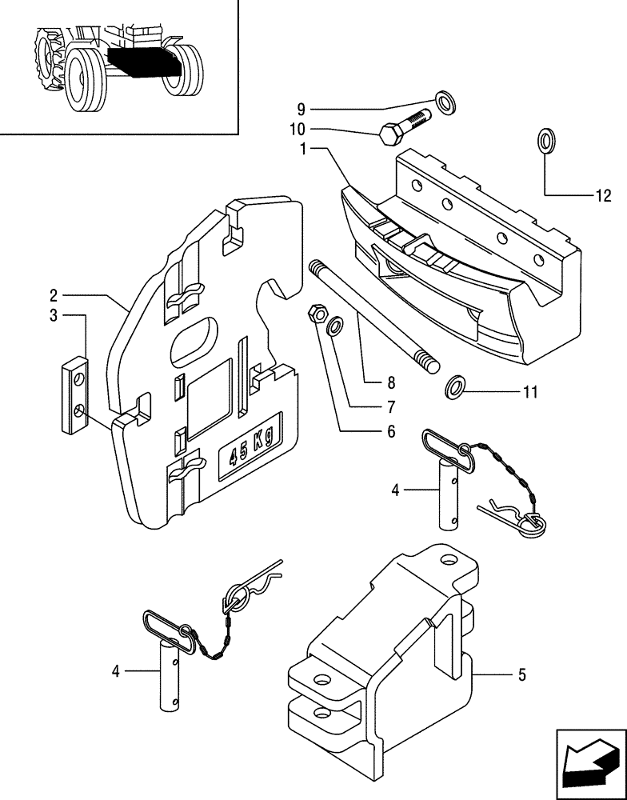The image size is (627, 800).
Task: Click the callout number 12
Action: (602, 196)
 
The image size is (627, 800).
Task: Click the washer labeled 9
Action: (444, 102)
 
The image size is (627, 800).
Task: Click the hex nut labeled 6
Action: (317, 314)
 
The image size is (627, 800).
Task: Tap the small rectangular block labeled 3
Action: (76, 395)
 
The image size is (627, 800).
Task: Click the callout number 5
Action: (521, 675)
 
